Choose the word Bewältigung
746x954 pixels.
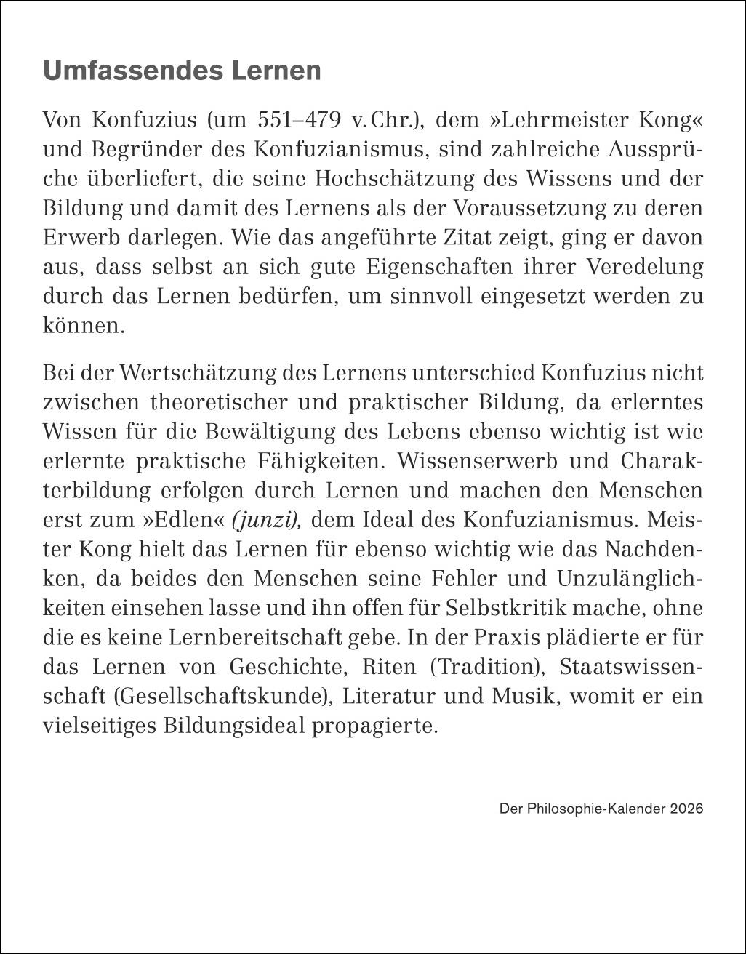tap(264, 431)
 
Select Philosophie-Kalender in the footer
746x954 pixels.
tap(593, 809)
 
